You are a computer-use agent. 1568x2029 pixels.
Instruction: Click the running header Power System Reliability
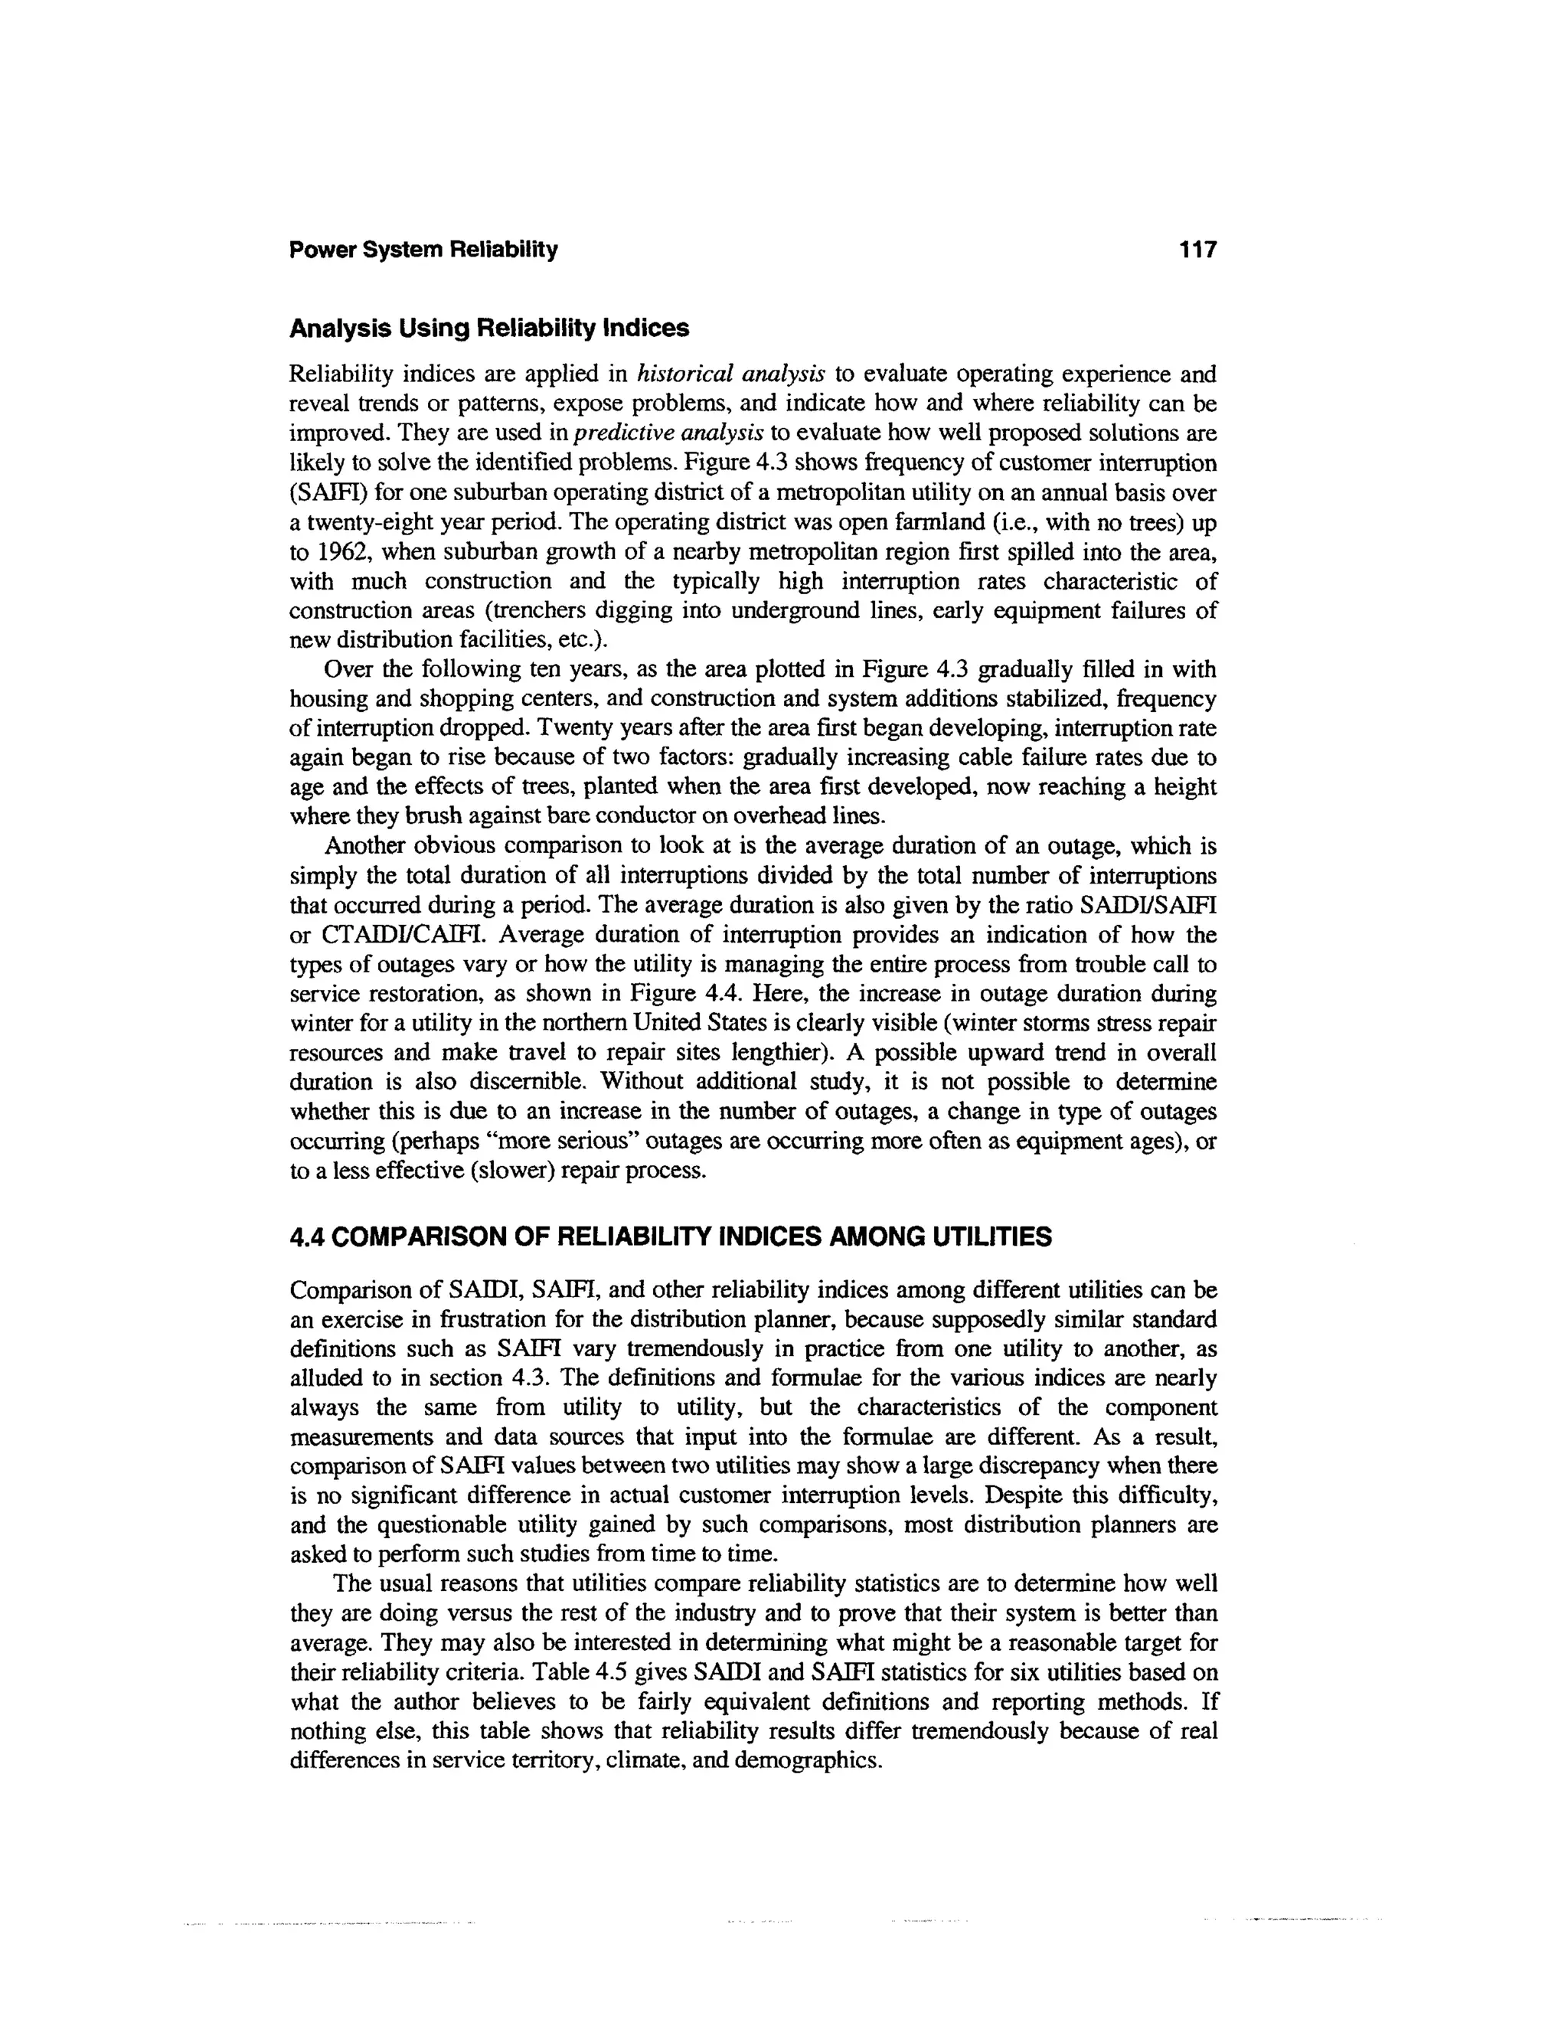pos(423,250)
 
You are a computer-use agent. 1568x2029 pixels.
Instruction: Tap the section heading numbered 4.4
pos(671,1237)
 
